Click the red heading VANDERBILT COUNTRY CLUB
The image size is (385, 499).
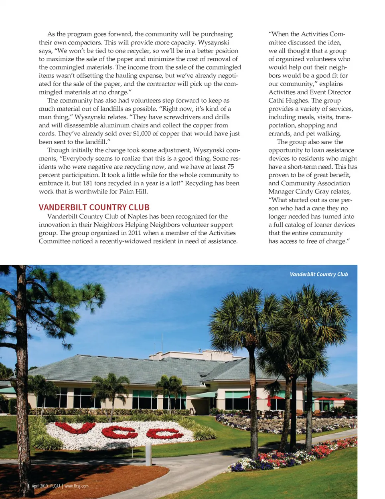click(x=94, y=207)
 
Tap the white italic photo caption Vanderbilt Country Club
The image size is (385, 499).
click(x=319, y=274)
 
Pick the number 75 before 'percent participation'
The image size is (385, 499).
click(x=230, y=167)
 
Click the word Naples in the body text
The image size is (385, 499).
click(x=138, y=216)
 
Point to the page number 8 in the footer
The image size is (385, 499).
click(x=28, y=486)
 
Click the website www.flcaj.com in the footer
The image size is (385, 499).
click(x=77, y=486)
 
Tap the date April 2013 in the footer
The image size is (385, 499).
click(x=40, y=486)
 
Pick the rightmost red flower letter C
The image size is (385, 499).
click(x=164, y=434)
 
